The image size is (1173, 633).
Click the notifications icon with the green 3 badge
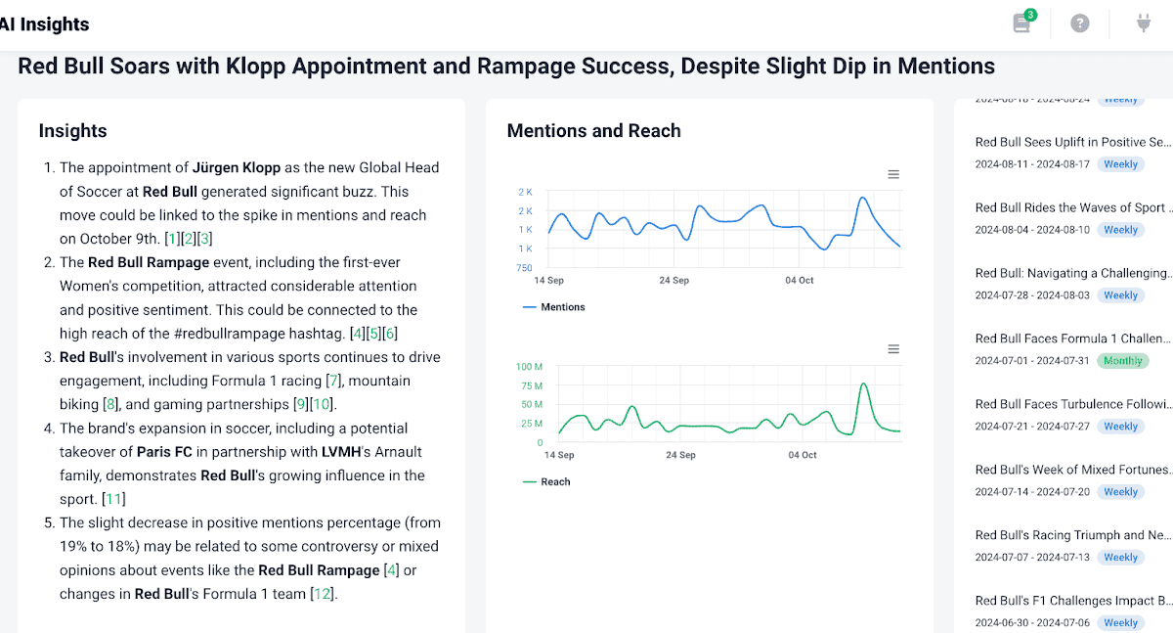[x=1022, y=23]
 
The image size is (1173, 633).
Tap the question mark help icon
[x=1080, y=23]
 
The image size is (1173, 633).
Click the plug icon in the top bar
[x=1144, y=23]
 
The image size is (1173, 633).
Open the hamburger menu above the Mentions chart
[x=893, y=174]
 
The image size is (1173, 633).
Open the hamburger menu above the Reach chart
[x=893, y=349]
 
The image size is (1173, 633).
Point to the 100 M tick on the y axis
[x=529, y=367]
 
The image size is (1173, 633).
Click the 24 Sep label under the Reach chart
[x=680, y=455]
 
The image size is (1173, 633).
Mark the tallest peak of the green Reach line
[x=863, y=384]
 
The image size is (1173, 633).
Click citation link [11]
[x=115, y=499]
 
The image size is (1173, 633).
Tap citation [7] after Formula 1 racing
[x=333, y=381]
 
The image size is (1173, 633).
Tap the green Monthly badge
[x=1123, y=361]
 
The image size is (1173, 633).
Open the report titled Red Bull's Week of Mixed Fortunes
[x=1071, y=470]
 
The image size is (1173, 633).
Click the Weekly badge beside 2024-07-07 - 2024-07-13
[x=1120, y=558]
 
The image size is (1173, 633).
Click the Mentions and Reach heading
[x=593, y=131]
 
